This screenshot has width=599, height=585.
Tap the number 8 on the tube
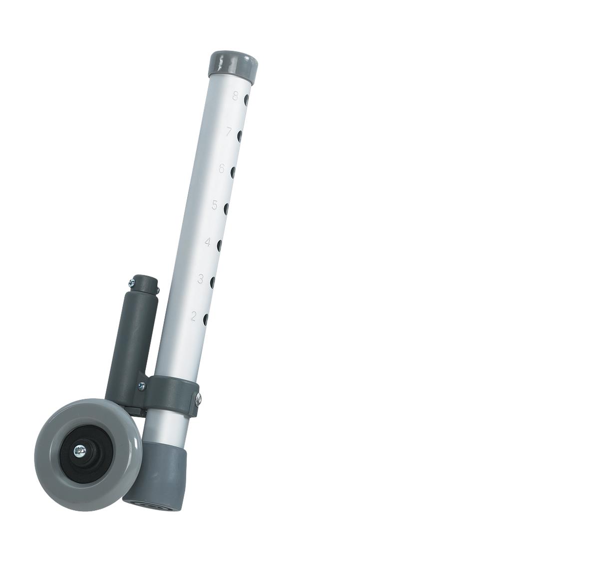(235, 96)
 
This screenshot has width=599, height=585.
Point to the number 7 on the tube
(229, 132)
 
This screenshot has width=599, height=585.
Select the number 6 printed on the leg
(221, 169)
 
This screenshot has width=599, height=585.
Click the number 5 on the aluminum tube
(215, 205)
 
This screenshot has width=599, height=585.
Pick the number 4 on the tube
(207, 242)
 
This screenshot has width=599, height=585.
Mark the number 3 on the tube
(200, 279)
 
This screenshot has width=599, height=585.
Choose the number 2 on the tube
(193, 316)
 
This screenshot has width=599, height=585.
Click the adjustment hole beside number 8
(246, 99)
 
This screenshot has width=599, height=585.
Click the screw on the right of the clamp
(198, 398)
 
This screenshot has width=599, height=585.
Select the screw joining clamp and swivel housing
(143, 385)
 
